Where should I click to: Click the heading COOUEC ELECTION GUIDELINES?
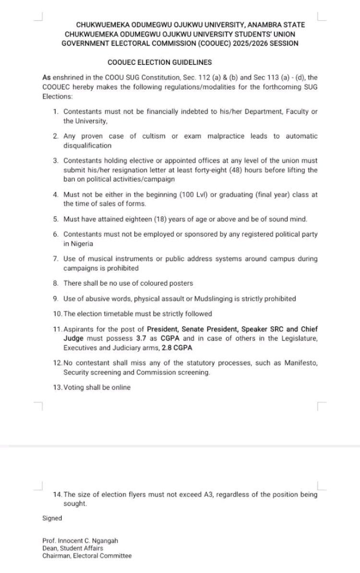tap(160, 62)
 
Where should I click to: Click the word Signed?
tap(52, 518)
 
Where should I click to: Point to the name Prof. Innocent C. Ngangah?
tap(80, 541)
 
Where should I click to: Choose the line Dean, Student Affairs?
tap(72, 548)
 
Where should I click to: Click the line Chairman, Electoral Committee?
tap(87, 556)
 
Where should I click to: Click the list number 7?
tap(56, 259)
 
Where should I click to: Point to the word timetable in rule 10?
tap(118, 314)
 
